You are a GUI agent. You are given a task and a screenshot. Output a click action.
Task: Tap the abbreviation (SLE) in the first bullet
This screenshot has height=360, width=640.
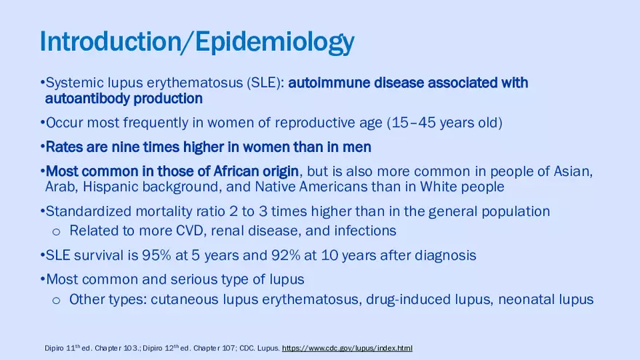click(x=265, y=83)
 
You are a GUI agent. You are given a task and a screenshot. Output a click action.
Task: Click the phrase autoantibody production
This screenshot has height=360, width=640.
click(x=124, y=98)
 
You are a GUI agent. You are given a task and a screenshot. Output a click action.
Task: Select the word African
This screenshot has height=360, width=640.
click(x=236, y=172)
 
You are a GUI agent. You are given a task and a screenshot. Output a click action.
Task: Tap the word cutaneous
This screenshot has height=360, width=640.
click(x=183, y=300)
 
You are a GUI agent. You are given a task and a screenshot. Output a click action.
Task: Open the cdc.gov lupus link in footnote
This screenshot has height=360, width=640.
click(x=346, y=348)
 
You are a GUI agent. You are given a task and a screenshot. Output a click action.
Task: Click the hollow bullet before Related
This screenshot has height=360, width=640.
click(x=55, y=231)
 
